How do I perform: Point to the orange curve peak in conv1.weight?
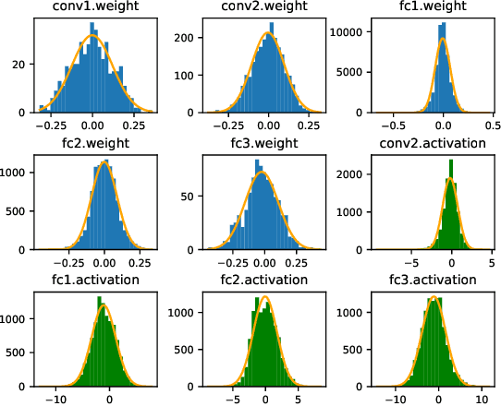92,35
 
